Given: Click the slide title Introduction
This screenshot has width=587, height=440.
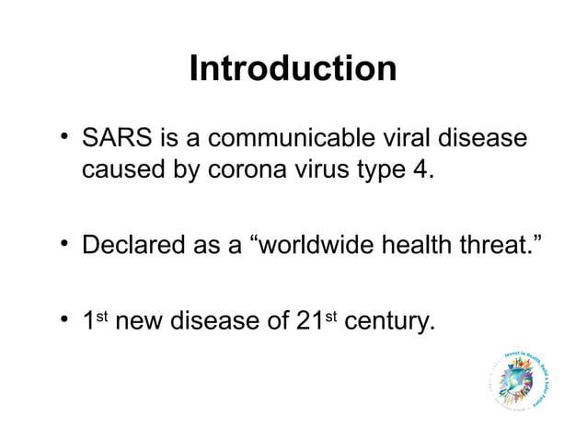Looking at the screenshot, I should (293, 69).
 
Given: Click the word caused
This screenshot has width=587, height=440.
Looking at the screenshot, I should (123, 170).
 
